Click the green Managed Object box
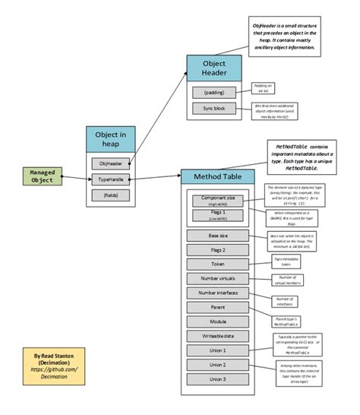pos(41,177)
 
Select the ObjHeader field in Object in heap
pos(110,163)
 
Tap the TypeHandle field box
pos(110,179)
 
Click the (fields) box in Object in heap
pos(110,195)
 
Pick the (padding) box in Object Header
pos(214,93)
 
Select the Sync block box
pos(214,109)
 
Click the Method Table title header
pos(217,176)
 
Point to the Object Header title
pos(214,68)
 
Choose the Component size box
pos(217,199)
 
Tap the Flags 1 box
pos(217,216)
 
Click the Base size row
pos(217,236)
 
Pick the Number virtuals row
pos(217,279)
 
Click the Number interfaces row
pos(217,293)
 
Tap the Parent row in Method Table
pos(217,308)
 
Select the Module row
pos(217,322)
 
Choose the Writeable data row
pos(217,336)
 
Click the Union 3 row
pos(217,379)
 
